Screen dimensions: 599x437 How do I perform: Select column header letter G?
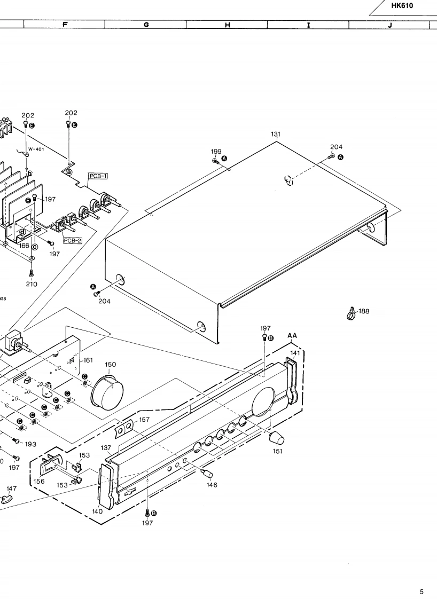146,24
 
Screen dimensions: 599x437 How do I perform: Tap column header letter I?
308,24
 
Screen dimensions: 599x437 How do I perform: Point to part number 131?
276,134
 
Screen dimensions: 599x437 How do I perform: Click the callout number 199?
216,152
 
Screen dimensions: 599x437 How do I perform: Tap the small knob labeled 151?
276,438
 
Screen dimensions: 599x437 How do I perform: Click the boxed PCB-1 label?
98,176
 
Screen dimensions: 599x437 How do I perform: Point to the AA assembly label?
292,335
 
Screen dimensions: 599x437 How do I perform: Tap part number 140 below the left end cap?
97,511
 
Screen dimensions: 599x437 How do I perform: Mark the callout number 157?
144,420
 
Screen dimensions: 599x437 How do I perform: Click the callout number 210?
32,283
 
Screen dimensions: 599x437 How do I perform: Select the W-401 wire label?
36,149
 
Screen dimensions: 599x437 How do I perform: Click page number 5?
422,592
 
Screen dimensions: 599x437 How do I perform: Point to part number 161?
88,360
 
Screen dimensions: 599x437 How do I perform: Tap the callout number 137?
106,448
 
